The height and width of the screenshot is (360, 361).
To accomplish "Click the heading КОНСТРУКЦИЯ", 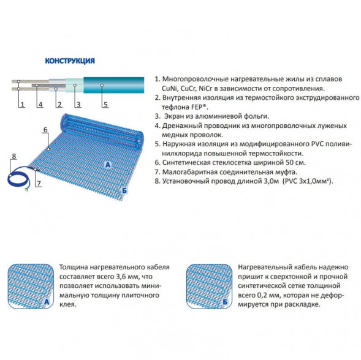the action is click(x=70, y=61).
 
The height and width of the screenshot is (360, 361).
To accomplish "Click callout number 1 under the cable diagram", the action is click(x=22, y=105).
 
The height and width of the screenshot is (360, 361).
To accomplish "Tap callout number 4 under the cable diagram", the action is click(x=40, y=105).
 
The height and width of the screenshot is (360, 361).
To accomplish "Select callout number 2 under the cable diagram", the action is click(x=59, y=105).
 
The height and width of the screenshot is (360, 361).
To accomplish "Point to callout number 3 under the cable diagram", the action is click(x=78, y=105).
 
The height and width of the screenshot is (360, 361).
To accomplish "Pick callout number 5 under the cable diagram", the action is click(x=105, y=105).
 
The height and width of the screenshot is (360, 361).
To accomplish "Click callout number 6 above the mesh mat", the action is click(x=45, y=130).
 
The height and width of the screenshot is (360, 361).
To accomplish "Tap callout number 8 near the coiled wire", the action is click(x=14, y=156).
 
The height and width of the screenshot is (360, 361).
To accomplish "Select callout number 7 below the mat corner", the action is click(x=39, y=183).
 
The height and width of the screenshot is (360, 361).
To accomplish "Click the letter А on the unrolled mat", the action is click(x=108, y=165).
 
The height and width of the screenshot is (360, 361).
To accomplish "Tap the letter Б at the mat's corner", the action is click(x=124, y=190).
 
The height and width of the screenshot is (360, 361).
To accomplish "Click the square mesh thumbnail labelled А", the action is click(x=31, y=286).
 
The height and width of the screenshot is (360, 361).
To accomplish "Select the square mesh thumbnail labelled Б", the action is click(x=209, y=286).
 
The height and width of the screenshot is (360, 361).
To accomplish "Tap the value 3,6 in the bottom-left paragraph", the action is click(x=121, y=277).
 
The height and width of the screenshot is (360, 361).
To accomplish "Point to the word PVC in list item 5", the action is click(x=317, y=144).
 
